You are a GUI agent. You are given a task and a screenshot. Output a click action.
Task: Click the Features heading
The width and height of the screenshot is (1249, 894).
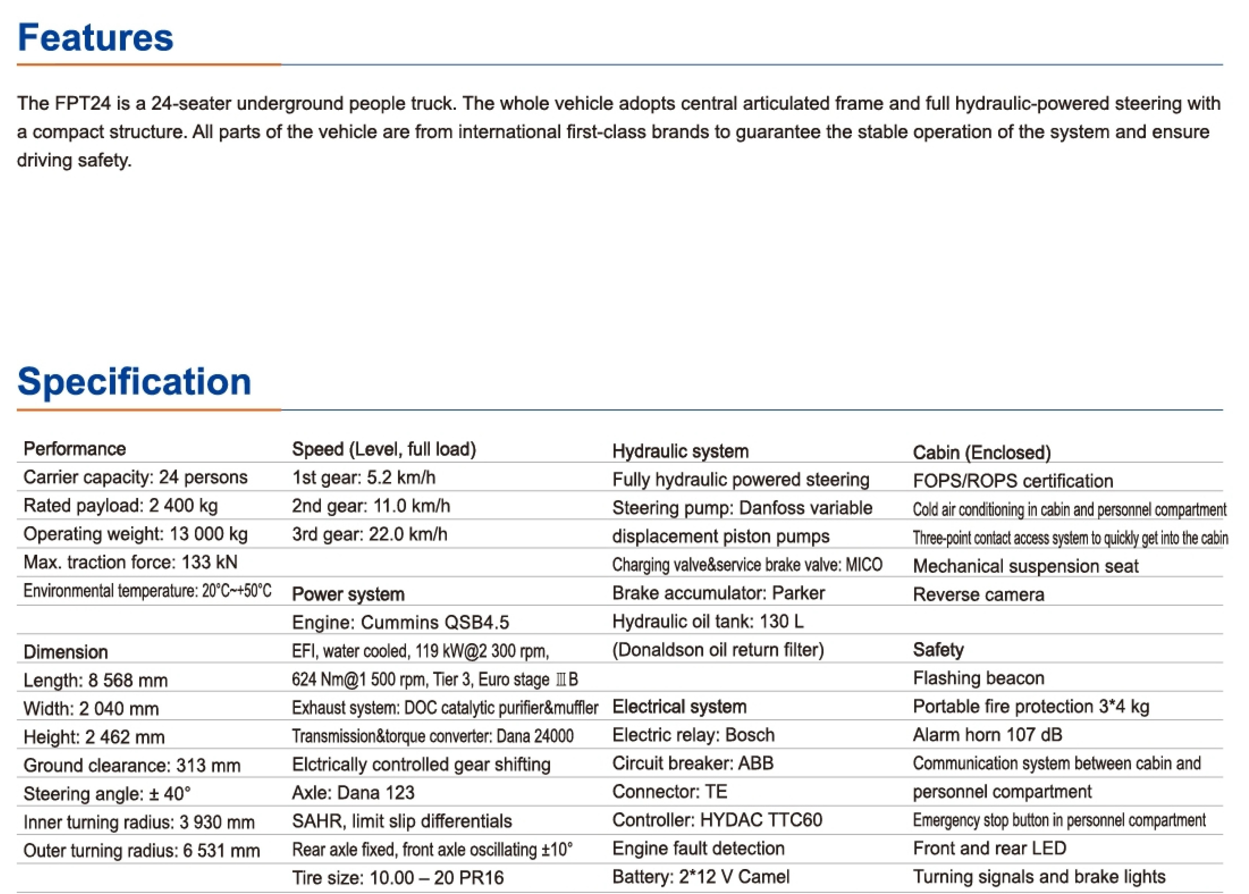pos(95,37)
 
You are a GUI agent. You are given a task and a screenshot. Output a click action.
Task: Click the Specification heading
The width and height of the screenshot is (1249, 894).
pos(134,381)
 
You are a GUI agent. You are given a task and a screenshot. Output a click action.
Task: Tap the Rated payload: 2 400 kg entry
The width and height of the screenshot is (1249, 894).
pos(121,505)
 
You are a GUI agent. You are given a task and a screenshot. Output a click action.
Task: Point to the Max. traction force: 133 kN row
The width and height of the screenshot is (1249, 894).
pos(130,562)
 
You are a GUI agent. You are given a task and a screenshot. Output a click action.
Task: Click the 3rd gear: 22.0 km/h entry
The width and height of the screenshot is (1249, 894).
pos(369,534)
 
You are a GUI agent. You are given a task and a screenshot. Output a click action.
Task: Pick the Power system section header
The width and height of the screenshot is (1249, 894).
pos(348,594)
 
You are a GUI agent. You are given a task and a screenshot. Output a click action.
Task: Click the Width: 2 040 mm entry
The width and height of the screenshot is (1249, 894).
pos(91,709)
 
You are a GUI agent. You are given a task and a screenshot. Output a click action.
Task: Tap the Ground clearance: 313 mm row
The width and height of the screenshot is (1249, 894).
pos(132,765)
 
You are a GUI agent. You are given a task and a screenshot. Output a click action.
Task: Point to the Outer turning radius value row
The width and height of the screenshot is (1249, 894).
pos(141,850)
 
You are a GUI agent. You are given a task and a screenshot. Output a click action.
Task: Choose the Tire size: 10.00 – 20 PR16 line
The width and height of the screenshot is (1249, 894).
pos(398,877)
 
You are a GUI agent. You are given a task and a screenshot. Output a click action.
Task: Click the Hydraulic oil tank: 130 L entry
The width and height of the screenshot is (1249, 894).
pos(708,621)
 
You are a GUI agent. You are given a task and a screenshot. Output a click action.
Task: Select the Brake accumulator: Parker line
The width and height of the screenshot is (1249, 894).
pos(718,593)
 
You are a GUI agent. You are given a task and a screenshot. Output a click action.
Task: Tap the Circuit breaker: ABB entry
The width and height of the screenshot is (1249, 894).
pos(693,763)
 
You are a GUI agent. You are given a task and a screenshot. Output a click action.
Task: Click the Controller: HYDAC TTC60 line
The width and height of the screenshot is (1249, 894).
pos(717,820)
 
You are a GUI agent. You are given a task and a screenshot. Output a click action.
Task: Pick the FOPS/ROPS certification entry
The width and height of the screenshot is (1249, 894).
pos(1012,481)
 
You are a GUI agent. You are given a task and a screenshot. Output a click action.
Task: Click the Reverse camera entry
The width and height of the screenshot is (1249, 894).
pos(978,595)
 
